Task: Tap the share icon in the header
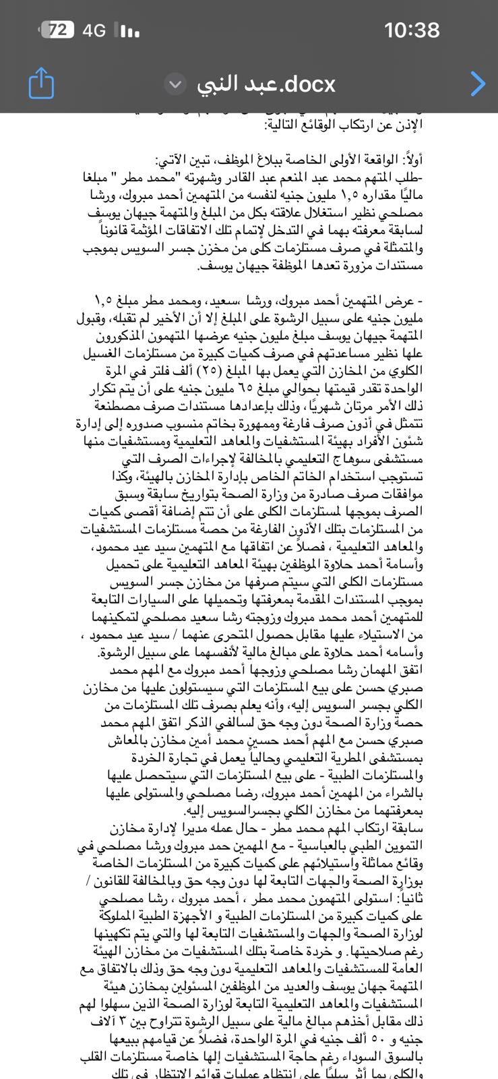click(41, 84)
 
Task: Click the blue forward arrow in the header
click(477, 84)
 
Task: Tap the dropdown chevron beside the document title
click(175, 84)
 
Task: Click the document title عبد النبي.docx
click(266, 84)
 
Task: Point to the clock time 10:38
click(411, 30)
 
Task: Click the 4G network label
click(94, 30)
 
